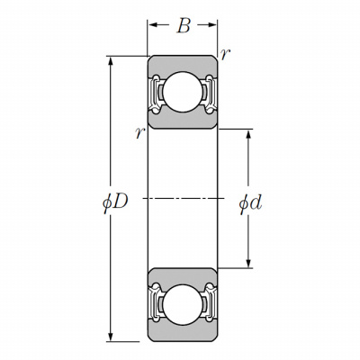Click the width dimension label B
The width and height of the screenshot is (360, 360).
click(x=184, y=26)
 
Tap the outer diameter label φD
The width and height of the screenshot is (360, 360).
click(x=115, y=203)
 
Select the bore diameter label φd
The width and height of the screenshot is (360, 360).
click(x=250, y=203)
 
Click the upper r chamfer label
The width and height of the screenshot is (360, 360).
click(x=225, y=55)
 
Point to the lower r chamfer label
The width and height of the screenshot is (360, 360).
click(x=140, y=133)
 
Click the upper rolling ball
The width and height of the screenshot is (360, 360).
click(x=182, y=92)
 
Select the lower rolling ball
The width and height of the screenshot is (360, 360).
click(x=182, y=305)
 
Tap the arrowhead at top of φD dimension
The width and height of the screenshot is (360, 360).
click(x=111, y=61)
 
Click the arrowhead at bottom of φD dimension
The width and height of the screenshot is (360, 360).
click(x=111, y=337)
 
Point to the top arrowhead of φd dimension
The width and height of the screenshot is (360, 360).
click(x=248, y=134)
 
